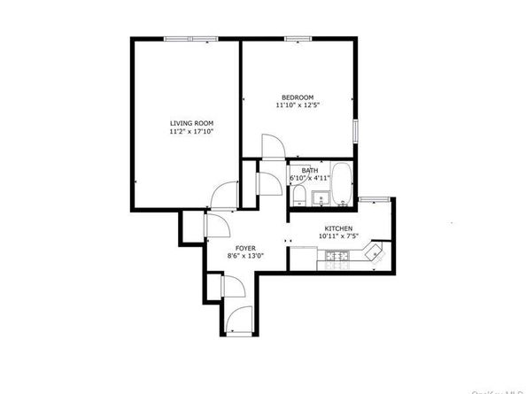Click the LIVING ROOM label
(x=190, y=122)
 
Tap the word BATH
(x=308, y=170)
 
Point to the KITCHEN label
(x=337, y=229)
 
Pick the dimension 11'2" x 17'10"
(x=190, y=131)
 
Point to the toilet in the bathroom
(x=299, y=195)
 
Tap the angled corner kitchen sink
(x=376, y=252)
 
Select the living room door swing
(x=226, y=193)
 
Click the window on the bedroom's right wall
(x=355, y=129)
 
